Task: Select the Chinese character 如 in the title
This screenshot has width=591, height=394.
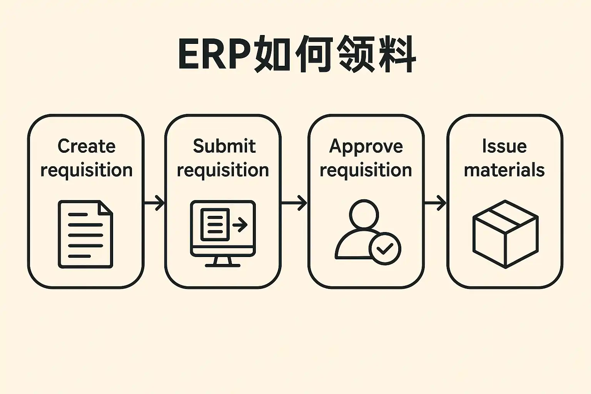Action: coord(272,54)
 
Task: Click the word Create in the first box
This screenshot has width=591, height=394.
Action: coord(87,146)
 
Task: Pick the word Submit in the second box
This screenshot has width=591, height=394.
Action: coord(224,146)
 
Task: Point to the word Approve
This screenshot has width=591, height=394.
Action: coord(366,146)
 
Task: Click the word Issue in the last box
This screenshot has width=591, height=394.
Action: coord(504,146)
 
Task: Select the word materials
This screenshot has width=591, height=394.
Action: coord(504,170)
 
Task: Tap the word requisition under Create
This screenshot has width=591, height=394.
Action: coord(87,170)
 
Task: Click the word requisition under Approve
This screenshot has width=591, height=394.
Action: coord(366,170)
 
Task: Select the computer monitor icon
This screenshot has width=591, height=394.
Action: coord(223,229)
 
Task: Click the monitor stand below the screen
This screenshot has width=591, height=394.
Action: coord(223,262)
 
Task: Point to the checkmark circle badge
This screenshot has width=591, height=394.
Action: coord(385,249)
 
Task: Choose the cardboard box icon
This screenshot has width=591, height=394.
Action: coord(505,234)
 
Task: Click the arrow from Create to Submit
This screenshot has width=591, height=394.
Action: coord(155,203)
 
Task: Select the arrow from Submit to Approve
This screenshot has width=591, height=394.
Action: coord(295,203)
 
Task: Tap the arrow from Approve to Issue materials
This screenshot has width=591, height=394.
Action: coord(436,203)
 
